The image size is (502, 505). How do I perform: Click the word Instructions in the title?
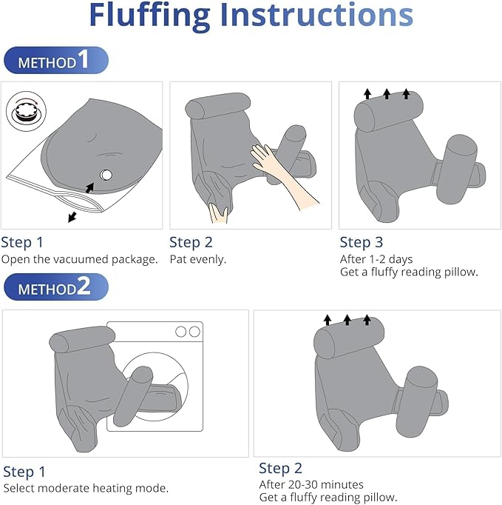(316, 15)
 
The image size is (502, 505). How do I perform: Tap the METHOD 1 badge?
(56, 60)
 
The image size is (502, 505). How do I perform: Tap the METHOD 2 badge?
(56, 287)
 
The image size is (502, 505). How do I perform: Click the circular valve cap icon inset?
(26, 111)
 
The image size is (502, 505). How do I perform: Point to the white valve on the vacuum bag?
(106, 175)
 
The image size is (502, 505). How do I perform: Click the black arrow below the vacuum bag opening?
(72, 217)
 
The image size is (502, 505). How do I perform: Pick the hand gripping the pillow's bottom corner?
(219, 213)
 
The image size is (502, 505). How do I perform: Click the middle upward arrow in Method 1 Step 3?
(387, 94)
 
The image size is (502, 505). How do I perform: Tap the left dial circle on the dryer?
(180, 332)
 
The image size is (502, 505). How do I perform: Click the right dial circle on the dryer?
(194, 332)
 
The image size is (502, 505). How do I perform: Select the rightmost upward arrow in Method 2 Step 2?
(367, 320)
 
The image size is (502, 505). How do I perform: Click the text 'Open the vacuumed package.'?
(79, 259)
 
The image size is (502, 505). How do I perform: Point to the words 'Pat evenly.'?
(198, 259)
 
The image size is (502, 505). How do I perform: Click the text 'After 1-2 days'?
(376, 259)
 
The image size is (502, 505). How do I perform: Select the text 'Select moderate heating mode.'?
(86, 488)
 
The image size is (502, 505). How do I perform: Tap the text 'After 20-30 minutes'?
(311, 484)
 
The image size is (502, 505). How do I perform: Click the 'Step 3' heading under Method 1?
(362, 242)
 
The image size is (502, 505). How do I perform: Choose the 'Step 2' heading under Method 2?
(280, 468)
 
